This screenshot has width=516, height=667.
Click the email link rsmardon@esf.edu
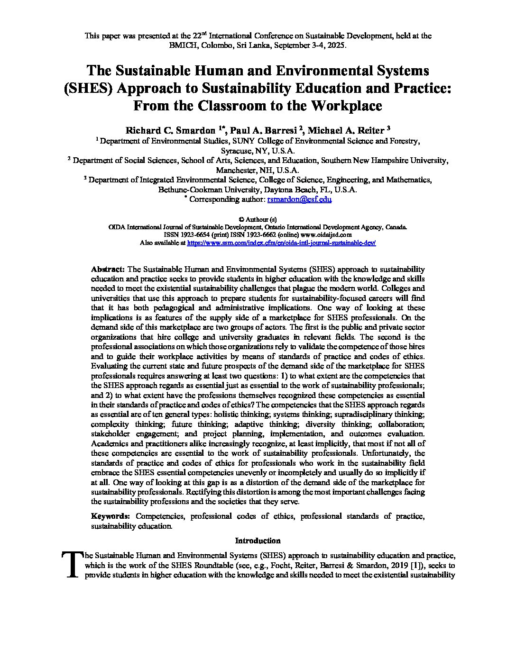[x=299, y=199]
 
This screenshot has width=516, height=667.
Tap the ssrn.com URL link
[x=282, y=242]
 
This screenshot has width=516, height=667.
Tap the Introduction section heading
[x=258, y=541]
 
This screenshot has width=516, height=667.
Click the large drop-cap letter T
[x=71, y=564]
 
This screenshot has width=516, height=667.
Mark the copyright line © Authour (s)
[x=258, y=219]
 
